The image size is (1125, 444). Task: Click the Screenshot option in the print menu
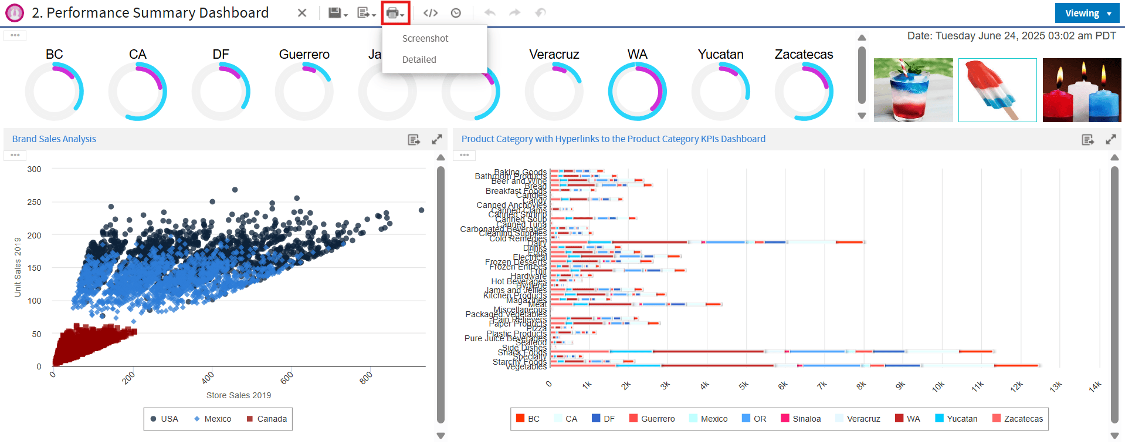[x=425, y=38]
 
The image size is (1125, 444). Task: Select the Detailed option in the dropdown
[x=419, y=59]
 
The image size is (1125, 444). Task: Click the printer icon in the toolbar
[x=392, y=13]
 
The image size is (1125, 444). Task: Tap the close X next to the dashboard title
[x=301, y=13]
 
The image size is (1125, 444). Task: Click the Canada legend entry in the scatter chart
[x=267, y=419]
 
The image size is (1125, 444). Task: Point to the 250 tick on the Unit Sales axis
[x=35, y=202]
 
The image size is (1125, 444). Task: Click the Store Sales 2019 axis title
[x=239, y=395]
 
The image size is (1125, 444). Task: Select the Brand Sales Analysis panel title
[x=54, y=139]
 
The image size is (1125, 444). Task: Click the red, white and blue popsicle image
[x=997, y=90]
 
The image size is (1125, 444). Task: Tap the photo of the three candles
[x=1082, y=90]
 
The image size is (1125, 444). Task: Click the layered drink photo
[x=913, y=90]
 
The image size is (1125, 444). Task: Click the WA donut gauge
[x=637, y=92]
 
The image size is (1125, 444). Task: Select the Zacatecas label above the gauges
[x=804, y=55]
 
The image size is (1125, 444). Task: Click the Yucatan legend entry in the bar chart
[x=956, y=419]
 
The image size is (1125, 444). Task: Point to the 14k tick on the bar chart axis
[x=1094, y=386]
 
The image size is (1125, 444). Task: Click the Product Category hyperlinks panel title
[x=613, y=139]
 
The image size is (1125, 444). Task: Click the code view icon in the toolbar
[x=431, y=13]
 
